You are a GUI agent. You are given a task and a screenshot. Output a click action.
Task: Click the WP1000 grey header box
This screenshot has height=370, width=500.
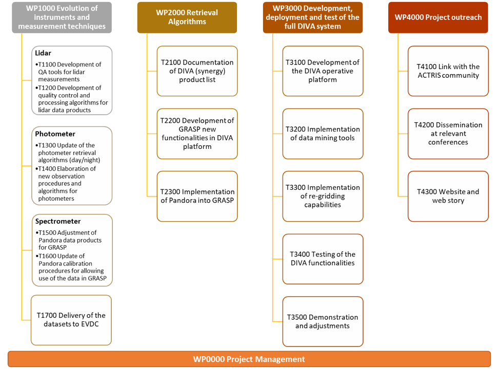coord(62,17)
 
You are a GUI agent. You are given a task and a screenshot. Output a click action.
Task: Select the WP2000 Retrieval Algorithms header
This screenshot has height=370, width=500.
coord(187,17)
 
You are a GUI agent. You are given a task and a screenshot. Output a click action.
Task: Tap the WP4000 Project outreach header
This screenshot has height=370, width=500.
coord(438,17)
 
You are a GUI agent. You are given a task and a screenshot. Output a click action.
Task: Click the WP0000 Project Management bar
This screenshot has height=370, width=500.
coord(249,359)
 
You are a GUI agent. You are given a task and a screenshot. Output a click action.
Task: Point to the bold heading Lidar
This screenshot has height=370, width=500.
coord(43,53)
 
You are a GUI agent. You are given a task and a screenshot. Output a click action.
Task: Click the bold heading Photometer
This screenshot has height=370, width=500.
coord(55,134)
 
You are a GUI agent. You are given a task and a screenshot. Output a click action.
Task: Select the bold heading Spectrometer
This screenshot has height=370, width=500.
coord(58,222)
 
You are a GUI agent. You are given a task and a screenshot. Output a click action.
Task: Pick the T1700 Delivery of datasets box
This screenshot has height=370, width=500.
coord(71,320)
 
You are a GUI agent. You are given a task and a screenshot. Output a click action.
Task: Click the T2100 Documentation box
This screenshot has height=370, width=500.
coord(197,71)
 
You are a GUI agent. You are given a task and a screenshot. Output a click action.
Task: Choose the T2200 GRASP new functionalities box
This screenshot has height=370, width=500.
coord(197,134)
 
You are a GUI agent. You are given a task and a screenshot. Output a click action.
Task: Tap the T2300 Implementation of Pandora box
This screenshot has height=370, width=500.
coord(197,197)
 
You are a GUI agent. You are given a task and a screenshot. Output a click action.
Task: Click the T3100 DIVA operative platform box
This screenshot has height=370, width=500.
coord(323,71)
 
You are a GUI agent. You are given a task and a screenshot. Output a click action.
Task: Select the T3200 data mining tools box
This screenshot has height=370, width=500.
coord(323,134)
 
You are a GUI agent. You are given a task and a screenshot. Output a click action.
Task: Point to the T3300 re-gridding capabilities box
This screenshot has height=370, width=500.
coord(323,197)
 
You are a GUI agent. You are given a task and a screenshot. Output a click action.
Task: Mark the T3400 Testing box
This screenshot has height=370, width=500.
coord(323,259)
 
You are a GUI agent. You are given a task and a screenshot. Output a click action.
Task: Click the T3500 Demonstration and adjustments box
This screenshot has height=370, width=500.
coord(323,322)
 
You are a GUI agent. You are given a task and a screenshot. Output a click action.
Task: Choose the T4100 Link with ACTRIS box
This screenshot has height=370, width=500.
coord(448,71)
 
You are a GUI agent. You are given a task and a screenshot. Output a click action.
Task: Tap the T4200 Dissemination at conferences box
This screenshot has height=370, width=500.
coord(448,134)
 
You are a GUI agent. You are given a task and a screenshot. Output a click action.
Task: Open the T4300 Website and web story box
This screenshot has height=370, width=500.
coord(448,197)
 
